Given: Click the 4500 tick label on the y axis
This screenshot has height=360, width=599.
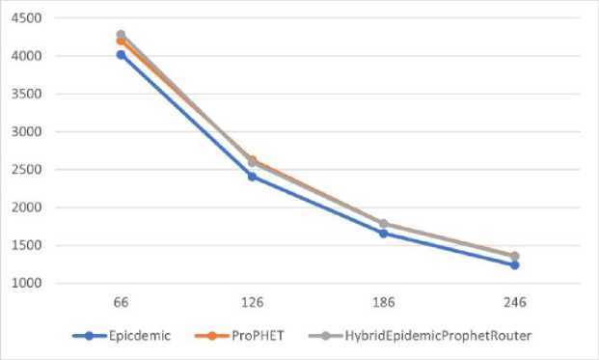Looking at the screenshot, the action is tap(26, 18).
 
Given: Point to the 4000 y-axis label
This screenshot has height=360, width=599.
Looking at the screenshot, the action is tap(26, 56).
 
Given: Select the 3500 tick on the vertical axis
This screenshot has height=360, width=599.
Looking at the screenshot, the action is tap(26, 94).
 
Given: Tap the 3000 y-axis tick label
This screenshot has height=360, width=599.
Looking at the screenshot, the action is tap(26, 131).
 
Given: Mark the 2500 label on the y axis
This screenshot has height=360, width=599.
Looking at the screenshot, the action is tap(26, 169).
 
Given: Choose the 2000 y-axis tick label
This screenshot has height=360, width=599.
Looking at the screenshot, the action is tap(26, 208).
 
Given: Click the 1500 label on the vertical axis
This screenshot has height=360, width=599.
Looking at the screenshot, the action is tap(26, 245).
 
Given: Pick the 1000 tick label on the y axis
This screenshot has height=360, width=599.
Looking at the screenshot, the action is tap(26, 283).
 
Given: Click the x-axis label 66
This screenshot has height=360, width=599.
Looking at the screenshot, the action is tap(121, 302).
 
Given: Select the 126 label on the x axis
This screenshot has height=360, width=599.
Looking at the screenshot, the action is tap(252, 302).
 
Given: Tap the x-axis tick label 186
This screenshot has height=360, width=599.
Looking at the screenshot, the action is tap(384, 302).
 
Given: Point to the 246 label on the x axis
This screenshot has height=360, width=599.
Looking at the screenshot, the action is tap(514, 302).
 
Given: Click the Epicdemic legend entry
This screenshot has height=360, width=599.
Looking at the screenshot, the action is tap(122, 336).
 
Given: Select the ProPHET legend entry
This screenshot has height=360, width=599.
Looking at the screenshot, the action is tap(239, 336).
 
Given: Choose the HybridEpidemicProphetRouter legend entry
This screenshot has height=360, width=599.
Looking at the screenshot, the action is tap(421, 336).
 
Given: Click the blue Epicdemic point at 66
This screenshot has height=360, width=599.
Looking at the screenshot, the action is tap(121, 55).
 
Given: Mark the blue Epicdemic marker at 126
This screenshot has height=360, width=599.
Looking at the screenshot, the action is tap(252, 177).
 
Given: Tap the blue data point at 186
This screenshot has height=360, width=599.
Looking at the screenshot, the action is tap(384, 234).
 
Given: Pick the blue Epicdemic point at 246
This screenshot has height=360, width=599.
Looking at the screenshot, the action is tap(514, 265).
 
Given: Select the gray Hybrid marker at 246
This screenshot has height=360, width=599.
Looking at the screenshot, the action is tap(514, 256).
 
